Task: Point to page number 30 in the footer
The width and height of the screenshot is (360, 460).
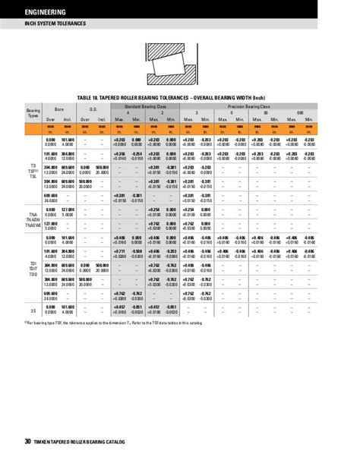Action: (27, 442)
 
